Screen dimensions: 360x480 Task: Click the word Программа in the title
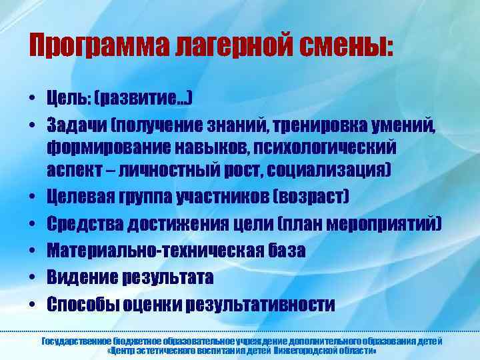[97, 44]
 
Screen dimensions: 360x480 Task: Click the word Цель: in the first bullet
[69, 99]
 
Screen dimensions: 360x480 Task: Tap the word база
[286, 251]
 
